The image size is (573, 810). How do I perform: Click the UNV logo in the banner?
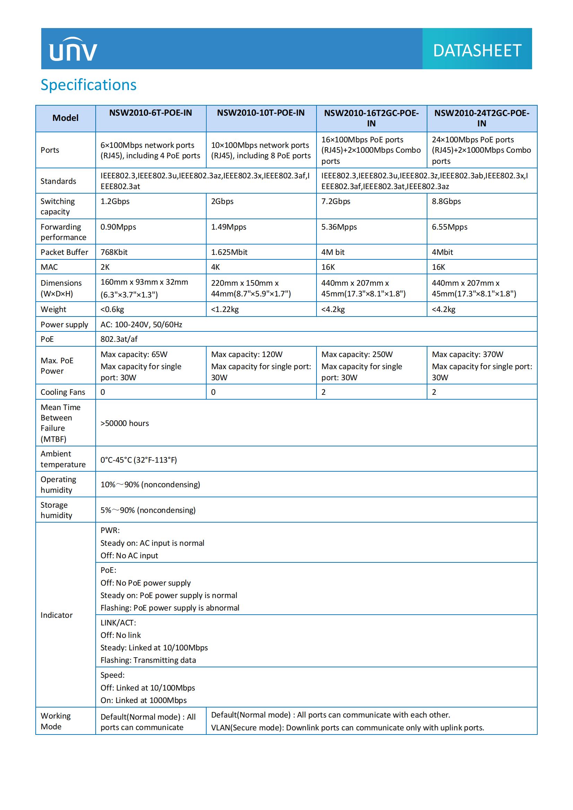[x=73, y=50]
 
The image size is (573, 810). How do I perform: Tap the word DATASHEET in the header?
[x=477, y=51]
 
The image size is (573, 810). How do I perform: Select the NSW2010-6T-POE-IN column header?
[x=150, y=113]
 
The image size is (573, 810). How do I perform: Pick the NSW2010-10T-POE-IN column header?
[x=261, y=113]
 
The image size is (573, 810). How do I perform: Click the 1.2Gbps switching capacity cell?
[x=115, y=201]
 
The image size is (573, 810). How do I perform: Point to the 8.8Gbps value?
[x=446, y=201]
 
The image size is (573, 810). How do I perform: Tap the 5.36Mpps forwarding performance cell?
[x=339, y=227]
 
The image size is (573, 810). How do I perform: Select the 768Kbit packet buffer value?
[x=114, y=252]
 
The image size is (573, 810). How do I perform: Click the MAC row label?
[x=49, y=267]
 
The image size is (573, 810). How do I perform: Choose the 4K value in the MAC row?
[x=215, y=267]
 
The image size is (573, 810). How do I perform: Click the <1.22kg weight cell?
[x=225, y=309]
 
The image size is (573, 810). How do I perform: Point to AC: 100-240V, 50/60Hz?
[x=141, y=324]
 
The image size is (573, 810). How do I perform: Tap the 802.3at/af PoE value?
[x=119, y=339]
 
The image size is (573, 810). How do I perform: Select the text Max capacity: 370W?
[x=467, y=354]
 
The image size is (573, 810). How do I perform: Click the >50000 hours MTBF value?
[x=125, y=423]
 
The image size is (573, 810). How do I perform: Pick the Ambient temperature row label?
[x=63, y=459]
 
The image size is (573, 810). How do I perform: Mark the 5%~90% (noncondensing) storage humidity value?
[x=148, y=510]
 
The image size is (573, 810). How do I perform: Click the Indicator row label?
[x=57, y=615]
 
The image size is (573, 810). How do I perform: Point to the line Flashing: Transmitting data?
[x=148, y=660]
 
